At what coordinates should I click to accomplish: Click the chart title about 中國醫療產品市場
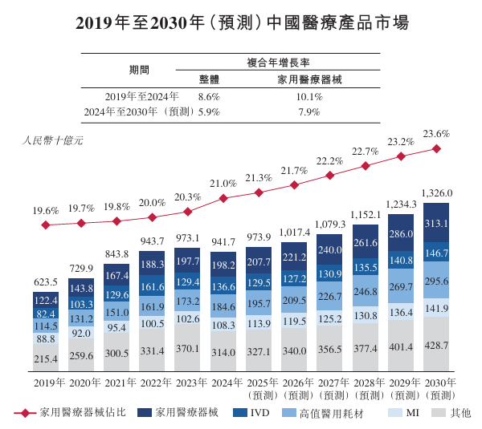coord(241,22)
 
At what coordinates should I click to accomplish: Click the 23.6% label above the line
coord(436,134)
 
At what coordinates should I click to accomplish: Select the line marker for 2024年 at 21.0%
coord(223,198)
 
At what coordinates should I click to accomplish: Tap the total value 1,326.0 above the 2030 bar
coord(436,193)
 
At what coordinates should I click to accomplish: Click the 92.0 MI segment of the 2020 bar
coord(80,333)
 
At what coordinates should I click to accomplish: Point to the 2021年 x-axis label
coord(116,382)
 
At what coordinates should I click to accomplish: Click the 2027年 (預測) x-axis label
coord(329,387)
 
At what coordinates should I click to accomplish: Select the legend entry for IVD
coord(255,412)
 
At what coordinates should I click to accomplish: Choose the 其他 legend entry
coord(452,412)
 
